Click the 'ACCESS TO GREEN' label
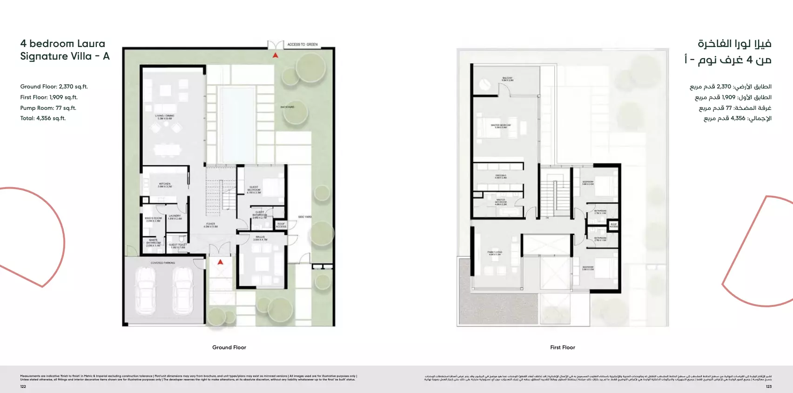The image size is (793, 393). point(302,45)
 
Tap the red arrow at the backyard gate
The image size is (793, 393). point(276,55)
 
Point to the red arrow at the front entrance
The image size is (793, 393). point(221,262)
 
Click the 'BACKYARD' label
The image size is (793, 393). point(287,107)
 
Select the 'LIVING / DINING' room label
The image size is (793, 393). point(165,117)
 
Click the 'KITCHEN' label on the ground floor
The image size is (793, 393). point(165,185)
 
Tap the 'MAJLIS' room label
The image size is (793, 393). point(260,238)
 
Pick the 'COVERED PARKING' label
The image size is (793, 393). point(163,263)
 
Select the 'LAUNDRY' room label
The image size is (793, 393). point(175,217)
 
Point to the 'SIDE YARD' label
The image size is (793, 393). point(305,217)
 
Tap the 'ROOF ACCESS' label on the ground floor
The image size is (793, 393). point(281,225)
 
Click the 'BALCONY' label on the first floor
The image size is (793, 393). point(507,79)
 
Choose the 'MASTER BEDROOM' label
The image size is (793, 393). point(501,126)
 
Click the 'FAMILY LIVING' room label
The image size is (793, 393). point(495,253)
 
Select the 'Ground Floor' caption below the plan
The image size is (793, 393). point(229,347)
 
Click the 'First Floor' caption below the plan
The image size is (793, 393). point(562,347)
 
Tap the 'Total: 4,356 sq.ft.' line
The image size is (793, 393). point(43,118)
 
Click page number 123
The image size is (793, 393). point(768,386)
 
